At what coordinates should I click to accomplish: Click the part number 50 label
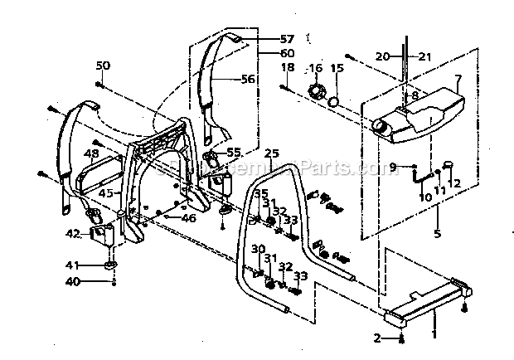pos(102,66)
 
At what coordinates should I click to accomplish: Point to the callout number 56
pos(249,80)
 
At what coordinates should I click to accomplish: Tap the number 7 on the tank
pos(456,80)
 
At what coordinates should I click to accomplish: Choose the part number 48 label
pos(92,154)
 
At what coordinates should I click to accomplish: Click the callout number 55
pos(234,153)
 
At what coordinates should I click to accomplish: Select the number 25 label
pos(270,154)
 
